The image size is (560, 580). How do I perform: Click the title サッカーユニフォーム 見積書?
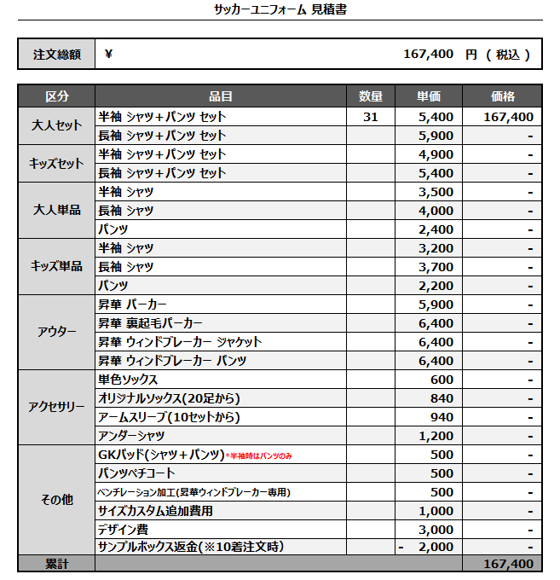click(x=280, y=9)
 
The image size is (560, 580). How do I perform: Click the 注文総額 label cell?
click(x=57, y=55)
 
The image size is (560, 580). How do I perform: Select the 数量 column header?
click(x=370, y=96)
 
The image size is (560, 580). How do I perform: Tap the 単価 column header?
click(x=429, y=96)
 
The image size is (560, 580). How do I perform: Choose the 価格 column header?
click(x=503, y=96)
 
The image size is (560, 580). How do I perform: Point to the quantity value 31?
click(x=370, y=117)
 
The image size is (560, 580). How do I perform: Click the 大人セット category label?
click(x=57, y=125)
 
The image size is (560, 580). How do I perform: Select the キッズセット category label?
click(x=57, y=163)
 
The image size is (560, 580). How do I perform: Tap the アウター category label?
click(x=57, y=332)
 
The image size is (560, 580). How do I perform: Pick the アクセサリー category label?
click(x=57, y=407)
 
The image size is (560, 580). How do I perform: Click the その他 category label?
click(x=57, y=500)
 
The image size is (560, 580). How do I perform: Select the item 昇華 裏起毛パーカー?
click(x=151, y=323)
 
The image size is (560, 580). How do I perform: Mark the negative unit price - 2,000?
click(x=426, y=547)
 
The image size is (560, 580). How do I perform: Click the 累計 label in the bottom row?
click(x=57, y=564)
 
